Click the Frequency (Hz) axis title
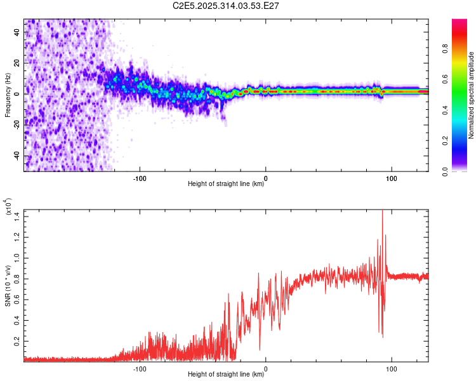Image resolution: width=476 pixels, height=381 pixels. pos(8,95)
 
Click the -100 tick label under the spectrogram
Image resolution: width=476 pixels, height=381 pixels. pos(140,178)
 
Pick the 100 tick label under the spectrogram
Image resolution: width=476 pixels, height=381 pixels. pos(392,178)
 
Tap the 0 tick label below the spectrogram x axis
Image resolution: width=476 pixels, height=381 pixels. pos(266,178)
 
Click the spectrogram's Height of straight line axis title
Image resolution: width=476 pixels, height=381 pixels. pos(226,185)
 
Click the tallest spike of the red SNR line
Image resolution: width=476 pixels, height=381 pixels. pos(382,211)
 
